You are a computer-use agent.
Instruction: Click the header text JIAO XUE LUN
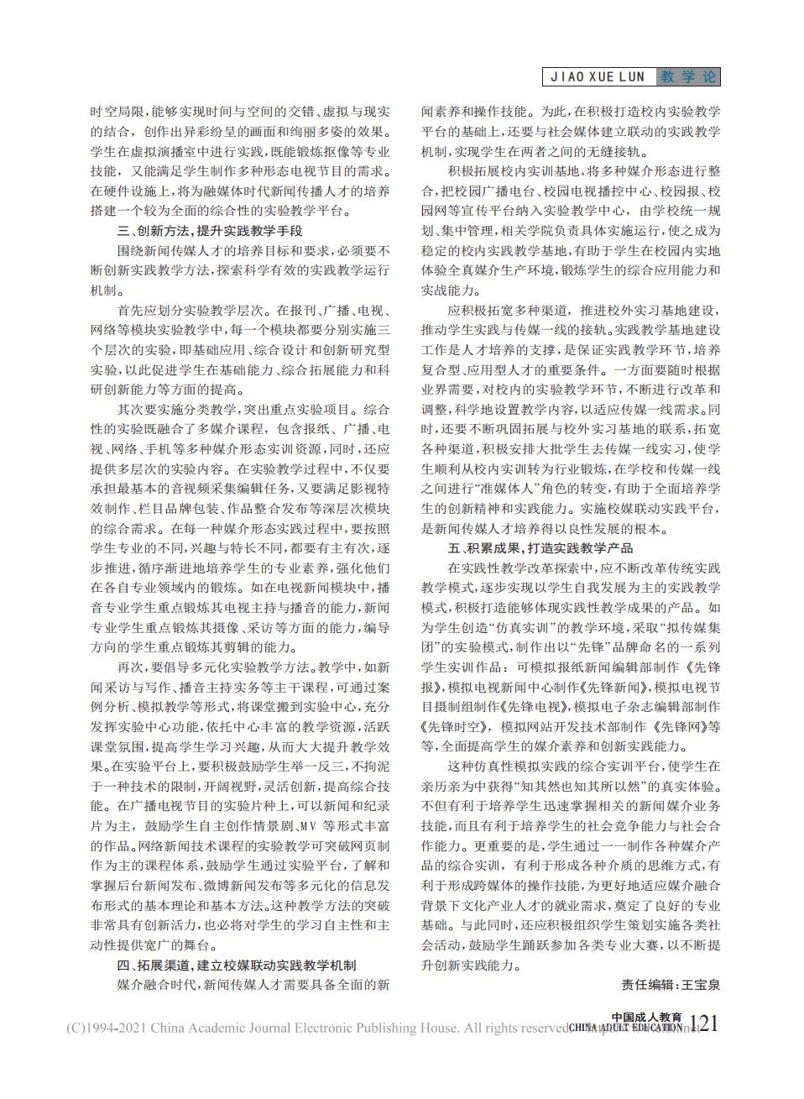pyautogui.click(x=598, y=77)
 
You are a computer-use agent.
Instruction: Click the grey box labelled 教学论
pyautogui.click(x=688, y=77)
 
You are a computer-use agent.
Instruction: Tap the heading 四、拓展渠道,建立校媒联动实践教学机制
pyautogui.click(x=236, y=966)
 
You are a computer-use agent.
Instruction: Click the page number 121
pyautogui.click(x=702, y=1025)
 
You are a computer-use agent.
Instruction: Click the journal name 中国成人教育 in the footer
pyautogui.click(x=646, y=1017)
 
